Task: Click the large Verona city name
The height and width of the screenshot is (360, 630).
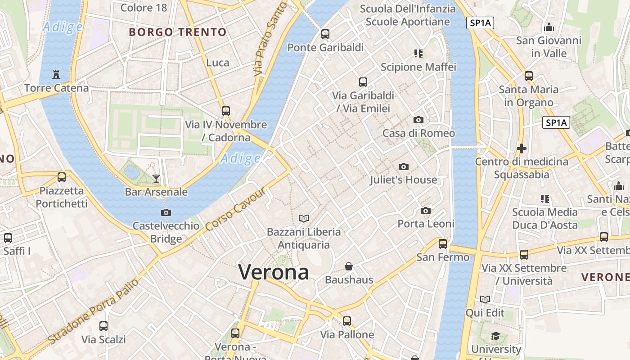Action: tap(274, 272)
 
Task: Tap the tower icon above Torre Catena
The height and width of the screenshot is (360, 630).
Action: tap(56, 74)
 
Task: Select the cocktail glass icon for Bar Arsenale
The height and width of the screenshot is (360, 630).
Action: tap(156, 178)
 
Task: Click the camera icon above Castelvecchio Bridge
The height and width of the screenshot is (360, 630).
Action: tap(166, 212)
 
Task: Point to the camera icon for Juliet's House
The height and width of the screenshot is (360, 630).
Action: tap(403, 166)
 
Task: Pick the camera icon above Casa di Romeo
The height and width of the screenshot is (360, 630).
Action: tap(418, 120)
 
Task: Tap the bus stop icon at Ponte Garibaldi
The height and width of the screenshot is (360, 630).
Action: tap(325, 34)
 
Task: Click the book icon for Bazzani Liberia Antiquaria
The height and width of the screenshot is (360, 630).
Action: tap(304, 218)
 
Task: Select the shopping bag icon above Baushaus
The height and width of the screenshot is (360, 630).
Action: tap(348, 266)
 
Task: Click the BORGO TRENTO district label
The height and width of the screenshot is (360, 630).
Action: tap(177, 32)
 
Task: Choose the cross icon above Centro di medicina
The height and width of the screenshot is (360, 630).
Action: tap(521, 148)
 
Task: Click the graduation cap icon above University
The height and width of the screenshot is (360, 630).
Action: tap(495, 336)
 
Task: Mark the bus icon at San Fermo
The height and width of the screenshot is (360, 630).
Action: tap(443, 243)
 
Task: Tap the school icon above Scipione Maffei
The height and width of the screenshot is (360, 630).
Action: tap(418, 54)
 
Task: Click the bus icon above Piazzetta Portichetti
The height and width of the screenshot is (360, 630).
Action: tap(62, 177)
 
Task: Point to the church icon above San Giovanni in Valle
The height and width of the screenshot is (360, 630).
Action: tap(549, 27)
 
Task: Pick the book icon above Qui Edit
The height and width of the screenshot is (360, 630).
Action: tap(485, 299)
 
